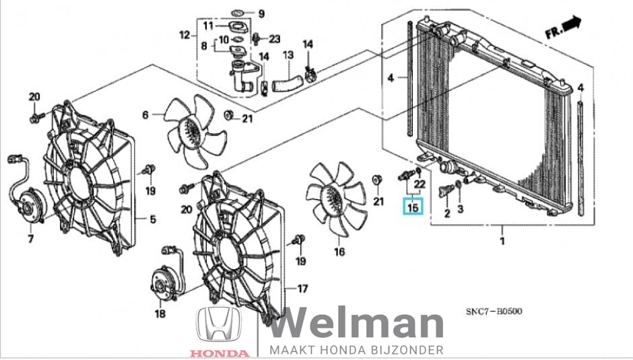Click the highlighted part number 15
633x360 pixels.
[413, 207]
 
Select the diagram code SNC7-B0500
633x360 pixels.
[494, 311]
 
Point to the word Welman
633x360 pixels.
[356, 325]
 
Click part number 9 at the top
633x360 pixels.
[261, 13]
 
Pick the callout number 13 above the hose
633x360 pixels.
[288, 55]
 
